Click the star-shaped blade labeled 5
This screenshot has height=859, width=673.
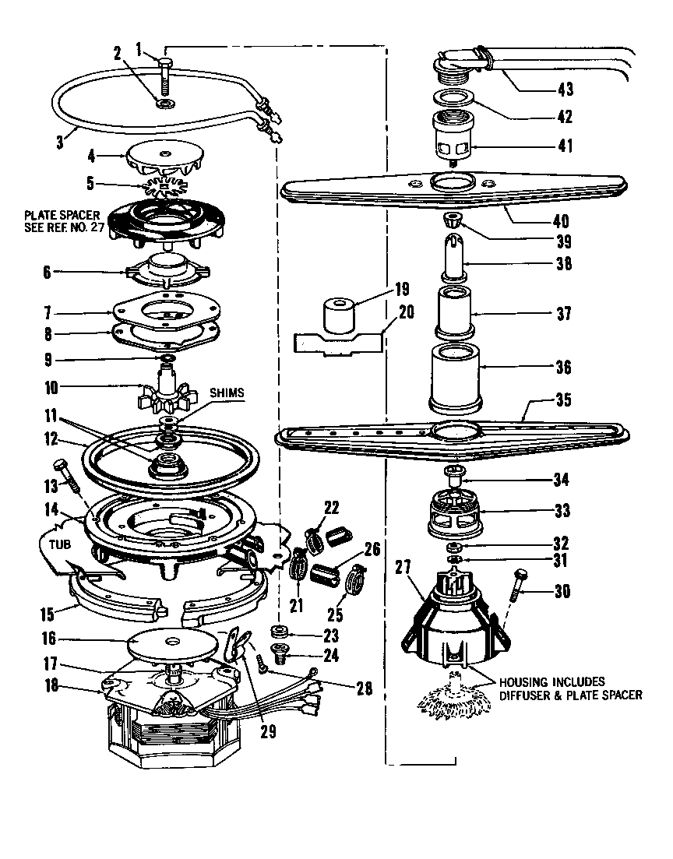[x=166, y=188]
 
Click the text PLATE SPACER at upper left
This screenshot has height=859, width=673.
[x=55, y=213]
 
